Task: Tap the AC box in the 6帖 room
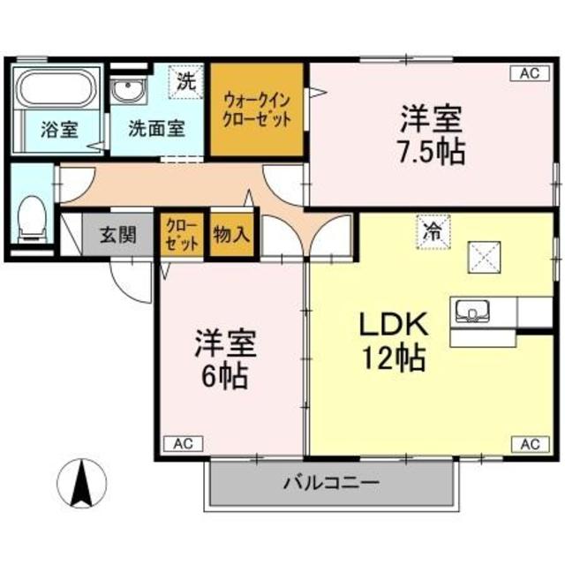pyautogui.click(x=183, y=443)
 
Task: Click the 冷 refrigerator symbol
pyautogui.click(x=433, y=233)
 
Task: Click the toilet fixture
pyautogui.click(x=33, y=215)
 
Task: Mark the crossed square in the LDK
pyautogui.click(x=483, y=257)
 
